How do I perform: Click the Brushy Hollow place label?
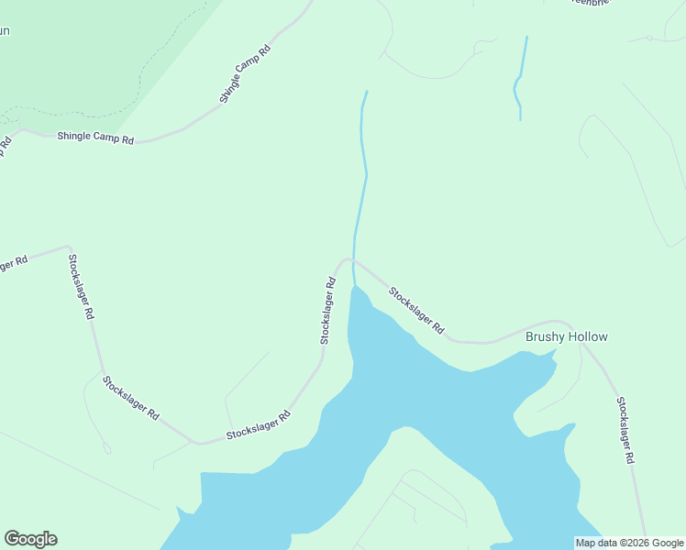[566, 336]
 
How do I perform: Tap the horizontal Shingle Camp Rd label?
[95, 138]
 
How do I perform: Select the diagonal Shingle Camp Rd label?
[245, 74]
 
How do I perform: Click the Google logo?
[30, 539]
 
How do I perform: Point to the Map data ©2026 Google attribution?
[629, 543]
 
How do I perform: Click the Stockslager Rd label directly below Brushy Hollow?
[626, 430]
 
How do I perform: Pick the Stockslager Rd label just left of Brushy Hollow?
[416, 310]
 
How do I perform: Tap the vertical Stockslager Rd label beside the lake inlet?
[327, 311]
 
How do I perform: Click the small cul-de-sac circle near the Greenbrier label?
[649, 38]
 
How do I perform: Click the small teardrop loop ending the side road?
[107, 449]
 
